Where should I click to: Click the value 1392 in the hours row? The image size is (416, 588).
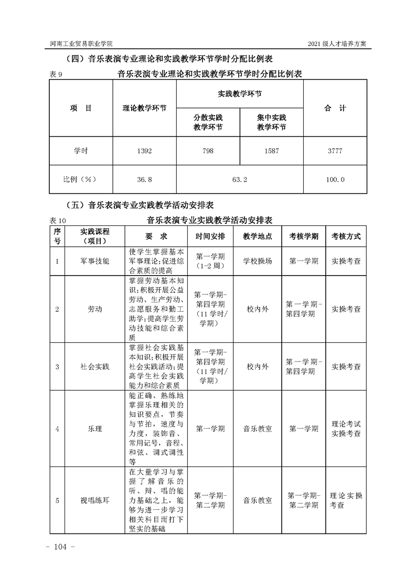pos(144,151)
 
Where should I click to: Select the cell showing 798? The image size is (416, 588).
pos(208,151)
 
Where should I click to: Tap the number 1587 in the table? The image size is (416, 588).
pos(271,151)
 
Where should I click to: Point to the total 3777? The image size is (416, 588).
pos(335,151)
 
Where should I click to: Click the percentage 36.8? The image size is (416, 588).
pos(144,179)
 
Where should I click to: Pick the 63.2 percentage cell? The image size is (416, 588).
pos(239,179)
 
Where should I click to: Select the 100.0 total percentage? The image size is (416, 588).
pos(335,179)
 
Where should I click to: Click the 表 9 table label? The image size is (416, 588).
pos(56,75)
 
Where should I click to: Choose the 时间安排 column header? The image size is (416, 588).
pos(210,236)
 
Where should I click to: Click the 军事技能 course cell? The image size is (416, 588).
pos(95,260)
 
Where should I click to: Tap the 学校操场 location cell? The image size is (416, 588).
pos(258,260)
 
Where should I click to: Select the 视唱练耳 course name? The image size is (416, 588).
pos(95,500)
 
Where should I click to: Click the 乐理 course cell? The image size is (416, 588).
pos(95,429)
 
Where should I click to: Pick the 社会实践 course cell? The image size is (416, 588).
pos(95,367)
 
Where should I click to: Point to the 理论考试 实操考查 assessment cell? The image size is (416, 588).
pos(346,429)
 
